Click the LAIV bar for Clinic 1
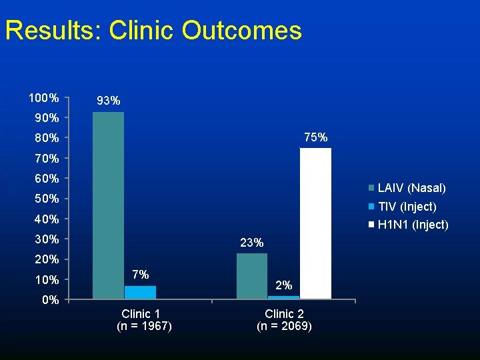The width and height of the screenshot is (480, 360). point(109,205)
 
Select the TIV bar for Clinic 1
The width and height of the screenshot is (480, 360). point(140,293)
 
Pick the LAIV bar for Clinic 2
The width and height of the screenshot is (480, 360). point(252,276)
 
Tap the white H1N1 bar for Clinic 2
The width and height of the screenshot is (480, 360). point(315,223)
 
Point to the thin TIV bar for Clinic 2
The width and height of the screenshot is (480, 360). point(284,297)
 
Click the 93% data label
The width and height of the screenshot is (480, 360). point(109,101)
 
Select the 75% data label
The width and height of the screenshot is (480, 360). point(316,137)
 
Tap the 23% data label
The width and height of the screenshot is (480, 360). point(251,243)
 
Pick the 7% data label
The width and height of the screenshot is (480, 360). point(141,275)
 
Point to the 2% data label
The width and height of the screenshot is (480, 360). point(284,285)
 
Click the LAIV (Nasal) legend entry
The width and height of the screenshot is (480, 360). point(407,187)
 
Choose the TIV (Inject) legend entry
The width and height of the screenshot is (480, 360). point(402,207)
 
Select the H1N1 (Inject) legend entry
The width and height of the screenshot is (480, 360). point(409,225)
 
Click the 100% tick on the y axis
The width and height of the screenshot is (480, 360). point(44,98)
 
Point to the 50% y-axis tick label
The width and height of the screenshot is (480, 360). point(47,199)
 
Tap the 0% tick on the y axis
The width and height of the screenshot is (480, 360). point(51,300)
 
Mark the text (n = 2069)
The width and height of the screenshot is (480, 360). point(285,326)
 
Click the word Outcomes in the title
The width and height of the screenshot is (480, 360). point(242,30)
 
